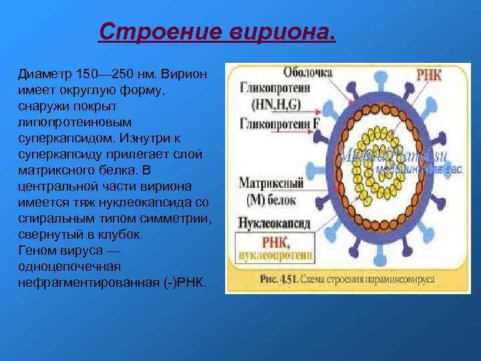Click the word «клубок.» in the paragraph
[112, 235]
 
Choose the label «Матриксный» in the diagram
[271, 181]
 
